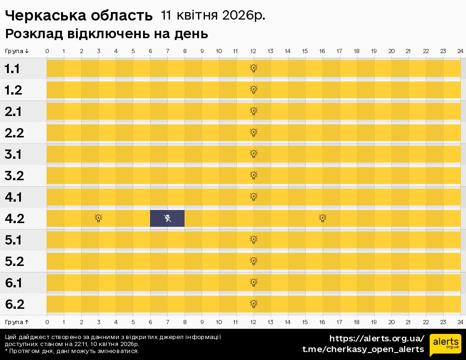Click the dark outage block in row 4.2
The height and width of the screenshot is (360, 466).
click(x=167, y=218)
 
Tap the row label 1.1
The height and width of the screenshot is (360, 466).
click(x=12, y=69)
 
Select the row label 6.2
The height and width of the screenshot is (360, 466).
click(x=14, y=305)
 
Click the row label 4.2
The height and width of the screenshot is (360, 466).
click(x=14, y=219)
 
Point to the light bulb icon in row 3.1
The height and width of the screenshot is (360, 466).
click(x=254, y=154)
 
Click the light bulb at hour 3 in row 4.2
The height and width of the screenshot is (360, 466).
click(x=98, y=218)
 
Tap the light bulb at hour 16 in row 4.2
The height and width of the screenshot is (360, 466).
click(x=322, y=218)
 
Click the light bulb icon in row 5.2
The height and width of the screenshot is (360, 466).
click(x=254, y=261)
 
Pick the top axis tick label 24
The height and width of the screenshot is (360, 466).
click(x=460, y=51)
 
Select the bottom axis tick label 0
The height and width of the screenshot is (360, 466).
click(x=47, y=322)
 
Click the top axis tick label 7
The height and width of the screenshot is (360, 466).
click(x=167, y=51)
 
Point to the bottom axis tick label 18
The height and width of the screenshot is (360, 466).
click(x=356, y=322)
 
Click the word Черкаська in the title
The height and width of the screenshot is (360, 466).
click(x=41, y=16)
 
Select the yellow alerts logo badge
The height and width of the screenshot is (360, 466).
click(x=445, y=345)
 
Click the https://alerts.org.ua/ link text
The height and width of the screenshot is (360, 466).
click(x=377, y=339)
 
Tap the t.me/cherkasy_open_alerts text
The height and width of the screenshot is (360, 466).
click(x=363, y=349)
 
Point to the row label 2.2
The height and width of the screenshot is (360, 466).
click(x=14, y=133)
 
